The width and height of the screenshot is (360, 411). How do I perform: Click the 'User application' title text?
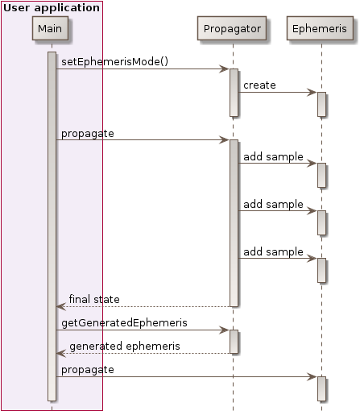(52, 7)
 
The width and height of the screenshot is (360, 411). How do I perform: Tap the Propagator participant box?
(233, 29)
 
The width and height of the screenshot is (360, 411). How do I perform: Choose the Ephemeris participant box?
(321, 29)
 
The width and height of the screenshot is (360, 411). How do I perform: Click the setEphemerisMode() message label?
(114, 62)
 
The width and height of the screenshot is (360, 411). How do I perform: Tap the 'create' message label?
(259, 85)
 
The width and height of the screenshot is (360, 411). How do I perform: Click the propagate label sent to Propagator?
(87, 133)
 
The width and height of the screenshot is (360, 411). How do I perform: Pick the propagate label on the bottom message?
(87, 369)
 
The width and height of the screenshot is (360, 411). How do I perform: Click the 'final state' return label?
(94, 299)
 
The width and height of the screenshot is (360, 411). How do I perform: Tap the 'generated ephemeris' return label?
(124, 346)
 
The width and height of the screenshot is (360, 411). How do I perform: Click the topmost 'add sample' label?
(273, 156)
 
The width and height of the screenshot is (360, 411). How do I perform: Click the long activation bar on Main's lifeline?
(52, 226)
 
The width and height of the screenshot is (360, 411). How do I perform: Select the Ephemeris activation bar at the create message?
(321, 104)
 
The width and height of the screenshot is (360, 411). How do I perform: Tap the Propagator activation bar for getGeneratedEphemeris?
(234, 341)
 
